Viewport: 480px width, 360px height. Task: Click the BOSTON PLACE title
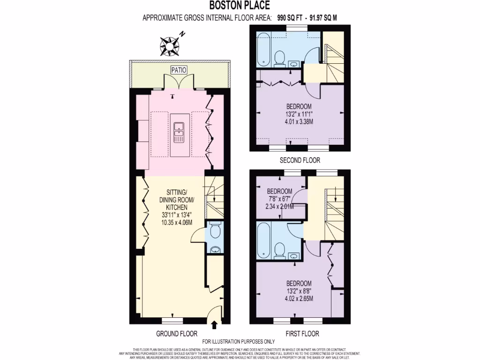pyautogui.click(x=239, y=6)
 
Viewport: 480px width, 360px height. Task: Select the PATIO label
pyautogui.click(x=179, y=70)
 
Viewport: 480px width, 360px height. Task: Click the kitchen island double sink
pyautogui.click(x=179, y=132)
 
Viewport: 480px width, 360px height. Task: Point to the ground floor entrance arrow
pyautogui.click(x=215, y=324)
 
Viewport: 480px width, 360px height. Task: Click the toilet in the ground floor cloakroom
pyautogui.click(x=215, y=231)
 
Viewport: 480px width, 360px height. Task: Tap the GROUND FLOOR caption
pyautogui.click(x=173, y=334)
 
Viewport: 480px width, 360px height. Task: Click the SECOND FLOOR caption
pyautogui.click(x=300, y=160)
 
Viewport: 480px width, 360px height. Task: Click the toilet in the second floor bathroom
pyautogui.click(x=280, y=59)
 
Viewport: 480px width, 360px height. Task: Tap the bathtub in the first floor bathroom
pyautogui.click(x=263, y=240)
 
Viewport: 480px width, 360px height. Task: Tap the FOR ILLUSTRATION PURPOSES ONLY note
pyautogui.click(x=238, y=342)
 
